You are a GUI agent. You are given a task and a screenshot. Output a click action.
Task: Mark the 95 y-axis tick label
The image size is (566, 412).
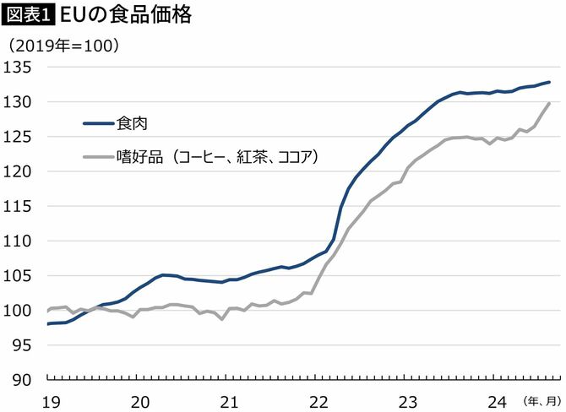click(22, 345)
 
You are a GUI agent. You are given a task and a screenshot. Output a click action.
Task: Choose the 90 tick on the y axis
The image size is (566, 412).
click(22, 380)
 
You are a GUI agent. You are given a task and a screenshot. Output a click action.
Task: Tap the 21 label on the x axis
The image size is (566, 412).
click(228, 399)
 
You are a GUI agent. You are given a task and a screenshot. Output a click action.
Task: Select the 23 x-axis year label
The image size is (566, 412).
click(408, 399)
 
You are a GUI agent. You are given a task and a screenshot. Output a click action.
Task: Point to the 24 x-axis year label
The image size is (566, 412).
click(498, 399)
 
